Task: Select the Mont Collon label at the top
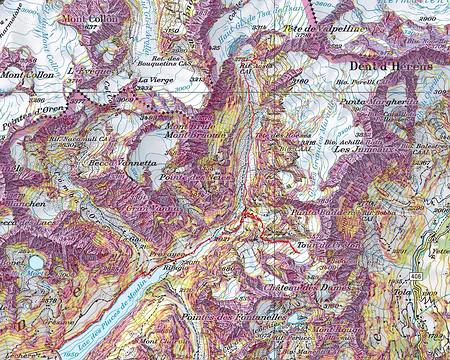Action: (x=86, y=18)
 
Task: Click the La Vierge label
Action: (x=156, y=79)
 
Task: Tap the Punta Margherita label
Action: (x=375, y=101)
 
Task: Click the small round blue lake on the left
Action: (x=36, y=263)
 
